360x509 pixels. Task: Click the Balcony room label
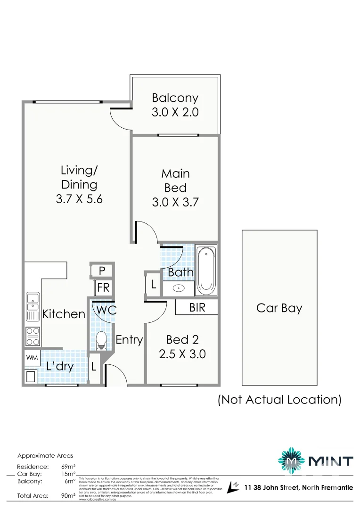pos(175,98)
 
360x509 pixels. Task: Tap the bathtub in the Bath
pos(206,270)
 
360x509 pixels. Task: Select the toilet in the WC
pos(101,340)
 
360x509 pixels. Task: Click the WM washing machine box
pos(32,358)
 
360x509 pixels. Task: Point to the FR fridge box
pos(102,287)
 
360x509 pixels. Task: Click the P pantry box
pos(102,271)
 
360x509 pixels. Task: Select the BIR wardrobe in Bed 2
pos(196,308)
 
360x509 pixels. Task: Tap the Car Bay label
pos(279,308)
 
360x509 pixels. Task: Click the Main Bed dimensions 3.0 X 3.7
pos(175,203)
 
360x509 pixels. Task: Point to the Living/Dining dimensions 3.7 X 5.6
pos(79,199)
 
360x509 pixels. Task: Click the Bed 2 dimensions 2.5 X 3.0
pos(182,354)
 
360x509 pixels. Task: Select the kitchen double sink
pos(33,304)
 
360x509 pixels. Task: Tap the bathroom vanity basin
pos(179,288)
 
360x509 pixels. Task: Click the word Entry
pos(129,339)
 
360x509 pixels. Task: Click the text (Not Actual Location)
pos(279,400)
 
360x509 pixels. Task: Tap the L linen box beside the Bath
pos(154,285)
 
